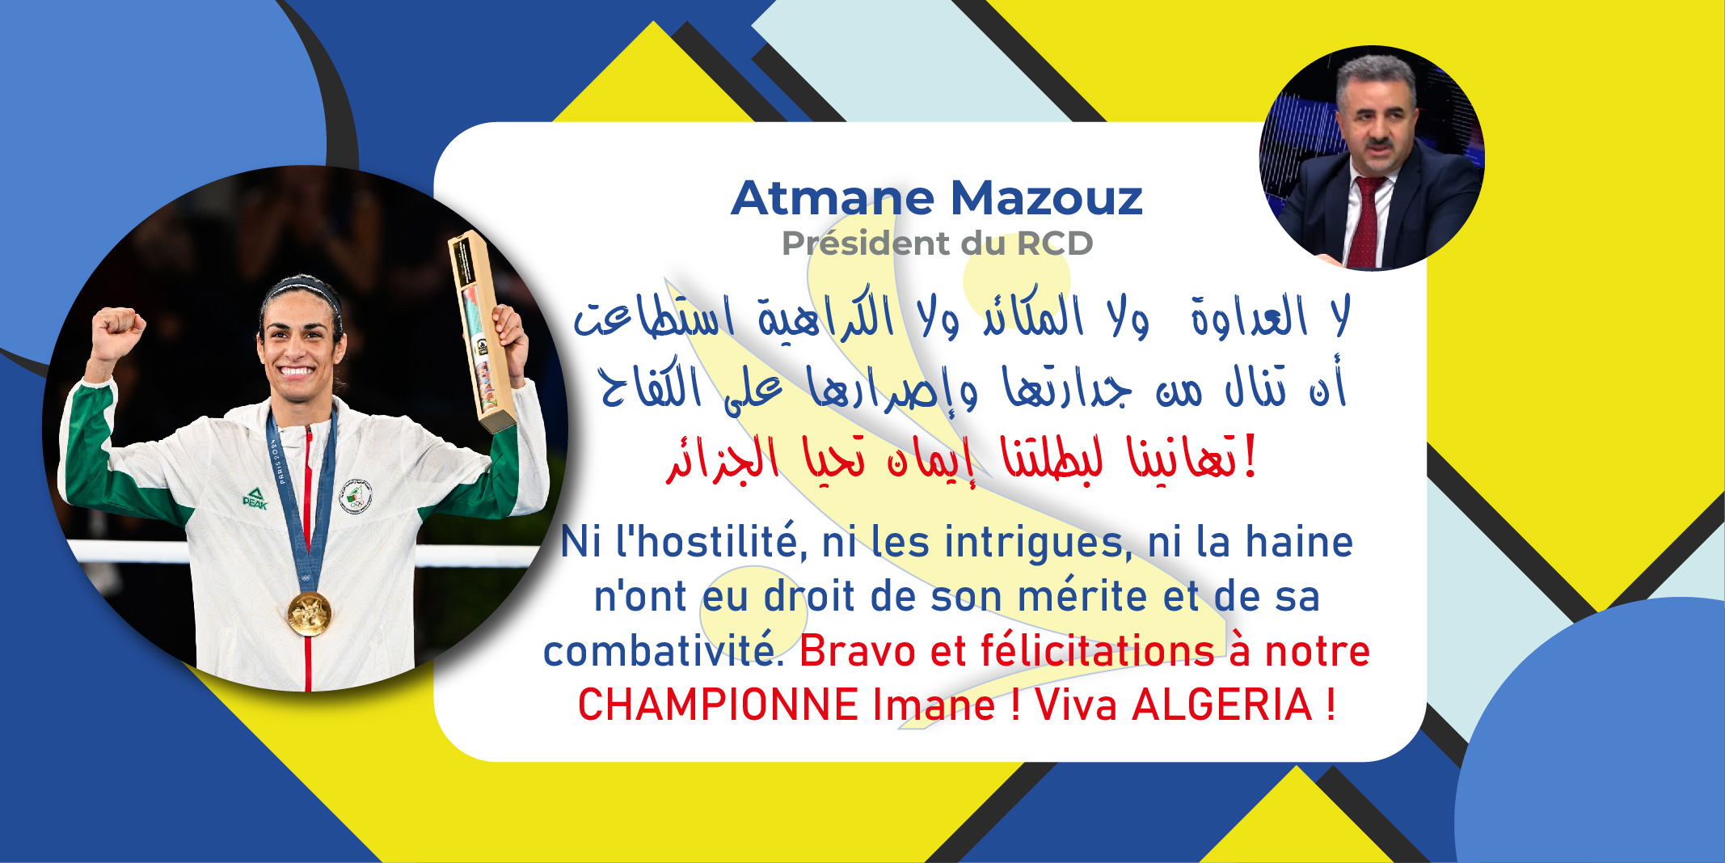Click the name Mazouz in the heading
point(1046,198)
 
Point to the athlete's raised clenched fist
point(119,331)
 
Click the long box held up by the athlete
point(482,332)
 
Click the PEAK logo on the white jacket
point(255,498)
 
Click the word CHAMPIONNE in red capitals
point(718,704)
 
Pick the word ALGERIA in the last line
point(1221,704)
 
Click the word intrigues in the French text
point(1038,543)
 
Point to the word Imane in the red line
point(934,704)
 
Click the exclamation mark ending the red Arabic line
point(1250,457)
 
